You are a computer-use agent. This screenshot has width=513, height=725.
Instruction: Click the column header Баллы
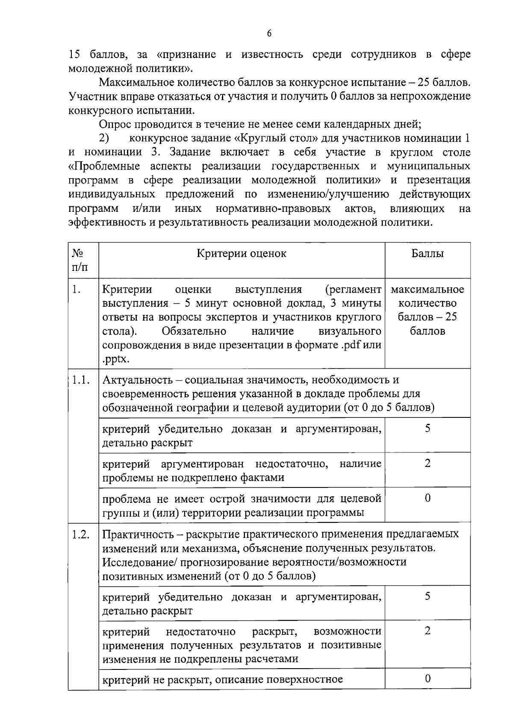click(x=427, y=253)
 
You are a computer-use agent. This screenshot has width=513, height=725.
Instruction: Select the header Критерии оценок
click(x=241, y=253)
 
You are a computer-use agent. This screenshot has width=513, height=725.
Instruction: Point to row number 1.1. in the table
click(x=81, y=380)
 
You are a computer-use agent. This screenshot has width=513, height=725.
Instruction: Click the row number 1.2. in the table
click(x=81, y=534)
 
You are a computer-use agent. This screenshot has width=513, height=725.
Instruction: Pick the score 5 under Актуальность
click(x=427, y=428)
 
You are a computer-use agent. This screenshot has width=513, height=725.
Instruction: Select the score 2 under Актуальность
click(x=427, y=463)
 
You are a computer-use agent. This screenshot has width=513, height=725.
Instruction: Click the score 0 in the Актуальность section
click(x=427, y=498)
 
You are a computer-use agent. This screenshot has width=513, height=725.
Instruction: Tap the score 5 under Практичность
click(x=427, y=596)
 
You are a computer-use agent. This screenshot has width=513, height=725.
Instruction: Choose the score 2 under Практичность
click(x=427, y=631)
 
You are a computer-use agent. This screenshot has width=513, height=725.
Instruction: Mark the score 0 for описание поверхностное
click(x=427, y=678)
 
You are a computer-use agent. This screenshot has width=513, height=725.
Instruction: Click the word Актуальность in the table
click(x=138, y=380)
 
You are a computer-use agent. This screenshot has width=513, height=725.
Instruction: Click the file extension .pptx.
click(x=115, y=360)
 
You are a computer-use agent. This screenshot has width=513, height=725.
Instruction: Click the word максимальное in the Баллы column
click(x=427, y=289)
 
